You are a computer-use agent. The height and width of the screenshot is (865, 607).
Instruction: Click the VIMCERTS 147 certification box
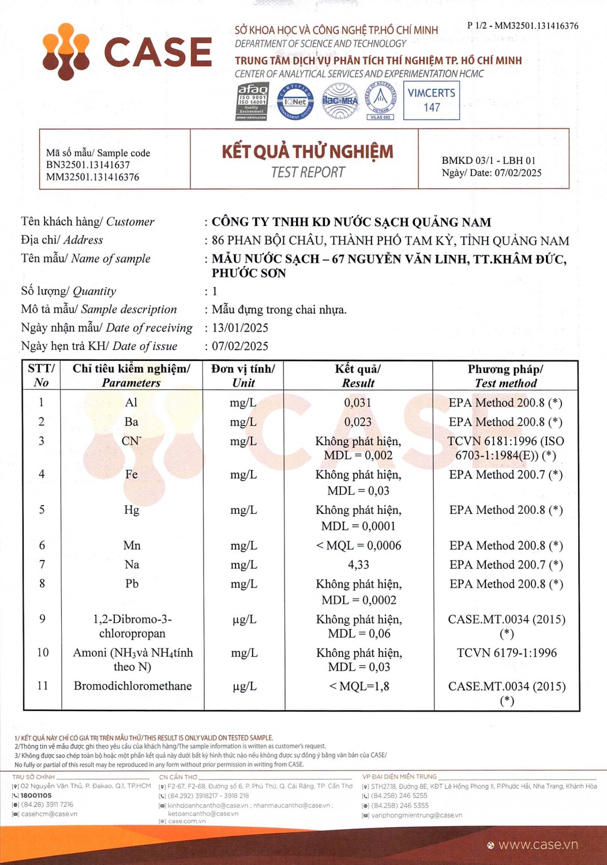pos(431,100)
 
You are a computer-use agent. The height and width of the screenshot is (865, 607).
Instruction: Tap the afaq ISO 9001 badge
pos(252,101)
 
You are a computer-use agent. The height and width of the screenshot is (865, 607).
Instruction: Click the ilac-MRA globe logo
pos(340,101)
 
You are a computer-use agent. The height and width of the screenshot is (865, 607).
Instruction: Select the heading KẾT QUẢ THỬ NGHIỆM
pos(308,152)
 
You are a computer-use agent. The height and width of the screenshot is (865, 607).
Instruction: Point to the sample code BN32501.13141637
pos(88,165)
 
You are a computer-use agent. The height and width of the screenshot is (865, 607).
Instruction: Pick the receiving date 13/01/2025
pos(240,328)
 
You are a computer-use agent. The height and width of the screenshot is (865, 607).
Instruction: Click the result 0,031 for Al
pos(358,403)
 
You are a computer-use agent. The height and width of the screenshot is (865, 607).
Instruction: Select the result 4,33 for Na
pos(358,565)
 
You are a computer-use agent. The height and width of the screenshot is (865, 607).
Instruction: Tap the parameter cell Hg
pos(132,510)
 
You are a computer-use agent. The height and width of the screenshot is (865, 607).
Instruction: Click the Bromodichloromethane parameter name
pos(133,686)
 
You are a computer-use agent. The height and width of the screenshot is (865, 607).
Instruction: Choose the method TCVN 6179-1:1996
pos(507,653)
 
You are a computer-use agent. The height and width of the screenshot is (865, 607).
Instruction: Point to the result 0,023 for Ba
pos(358,422)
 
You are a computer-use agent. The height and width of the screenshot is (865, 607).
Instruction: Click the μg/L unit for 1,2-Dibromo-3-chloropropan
pos(244,619)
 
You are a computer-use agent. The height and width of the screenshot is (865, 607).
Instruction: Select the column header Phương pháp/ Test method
pos(505,376)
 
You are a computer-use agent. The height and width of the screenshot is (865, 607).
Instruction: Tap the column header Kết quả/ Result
pos(358,376)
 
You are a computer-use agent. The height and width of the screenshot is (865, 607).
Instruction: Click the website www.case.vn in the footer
pos(538,845)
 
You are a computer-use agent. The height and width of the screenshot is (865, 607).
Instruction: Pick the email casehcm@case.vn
pos(49,814)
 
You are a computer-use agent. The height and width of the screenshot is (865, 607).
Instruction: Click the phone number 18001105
pos(36,795)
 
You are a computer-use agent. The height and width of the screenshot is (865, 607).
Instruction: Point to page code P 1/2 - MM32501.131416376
pos(523,26)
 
